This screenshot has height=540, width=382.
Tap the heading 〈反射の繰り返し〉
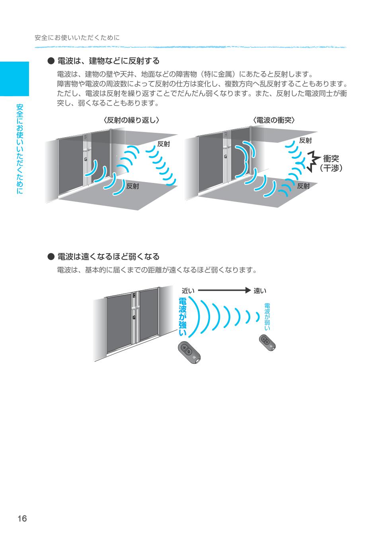tap(131, 120)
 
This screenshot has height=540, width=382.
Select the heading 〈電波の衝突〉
tap(274, 120)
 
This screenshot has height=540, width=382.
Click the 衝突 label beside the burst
tap(331, 159)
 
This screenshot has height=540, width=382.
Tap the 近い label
tap(188, 291)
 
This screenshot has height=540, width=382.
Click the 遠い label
tap(260, 291)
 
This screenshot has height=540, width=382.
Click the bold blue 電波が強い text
tap(183, 317)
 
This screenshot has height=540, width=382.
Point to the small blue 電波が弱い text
tap(267, 317)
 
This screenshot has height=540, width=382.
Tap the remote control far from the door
tap(267, 343)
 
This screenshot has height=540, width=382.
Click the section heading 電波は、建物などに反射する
tap(108, 61)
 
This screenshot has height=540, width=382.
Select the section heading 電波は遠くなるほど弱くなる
tap(108, 256)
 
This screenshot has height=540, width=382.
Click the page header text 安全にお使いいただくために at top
tap(77, 38)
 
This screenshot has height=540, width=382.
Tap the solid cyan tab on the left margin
tap(14, 79)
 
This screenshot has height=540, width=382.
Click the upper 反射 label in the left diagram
tap(164, 144)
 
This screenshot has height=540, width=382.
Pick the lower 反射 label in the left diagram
tap(133, 186)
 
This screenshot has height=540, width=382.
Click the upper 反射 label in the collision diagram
tap(305, 140)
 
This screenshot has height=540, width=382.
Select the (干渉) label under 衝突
tap(331, 168)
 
